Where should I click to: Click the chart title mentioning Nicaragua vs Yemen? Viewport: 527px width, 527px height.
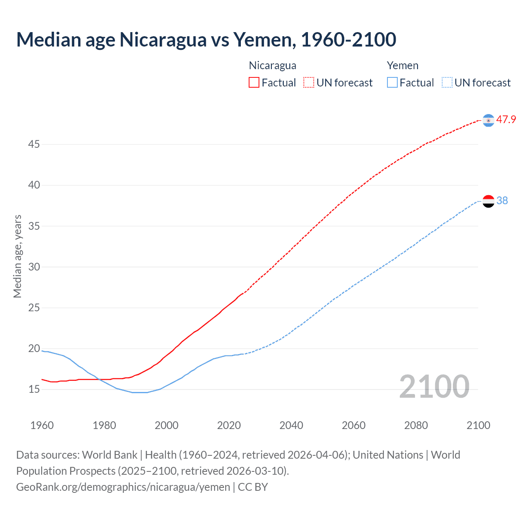click(x=206, y=40)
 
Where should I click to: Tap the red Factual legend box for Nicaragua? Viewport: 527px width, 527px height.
click(x=254, y=83)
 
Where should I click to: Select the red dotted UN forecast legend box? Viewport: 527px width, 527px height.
click(x=309, y=83)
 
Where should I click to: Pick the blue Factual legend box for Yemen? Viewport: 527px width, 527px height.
click(x=392, y=83)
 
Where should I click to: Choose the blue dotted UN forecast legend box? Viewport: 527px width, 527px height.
click(x=447, y=83)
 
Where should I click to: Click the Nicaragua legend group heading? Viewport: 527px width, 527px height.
click(x=273, y=65)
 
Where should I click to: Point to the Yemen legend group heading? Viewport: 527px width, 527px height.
click(x=402, y=65)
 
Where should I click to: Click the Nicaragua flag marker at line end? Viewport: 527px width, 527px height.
click(x=488, y=120)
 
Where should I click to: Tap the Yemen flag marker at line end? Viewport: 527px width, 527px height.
click(x=488, y=201)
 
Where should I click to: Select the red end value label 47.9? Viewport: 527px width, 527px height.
click(x=506, y=120)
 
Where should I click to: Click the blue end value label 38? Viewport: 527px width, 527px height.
click(x=502, y=201)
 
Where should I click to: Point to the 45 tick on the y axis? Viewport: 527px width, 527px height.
click(x=34, y=145)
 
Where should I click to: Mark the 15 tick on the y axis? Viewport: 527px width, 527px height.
click(x=34, y=389)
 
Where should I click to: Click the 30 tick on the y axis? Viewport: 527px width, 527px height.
click(x=34, y=267)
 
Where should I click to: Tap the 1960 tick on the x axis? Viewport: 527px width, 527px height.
click(x=42, y=425)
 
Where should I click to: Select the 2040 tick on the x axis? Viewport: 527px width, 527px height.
click(x=291, y=425)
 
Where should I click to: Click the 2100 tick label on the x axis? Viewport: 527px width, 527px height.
click(x=478, y=425)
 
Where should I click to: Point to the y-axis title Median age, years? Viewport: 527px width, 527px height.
click(x=17, y=256)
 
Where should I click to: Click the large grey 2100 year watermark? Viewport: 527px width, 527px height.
click(x=434, y=387)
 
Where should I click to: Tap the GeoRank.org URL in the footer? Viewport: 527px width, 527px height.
click(x=123, y=487)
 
